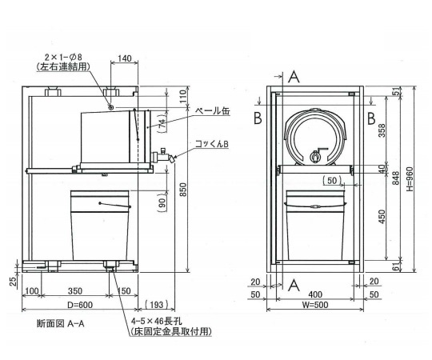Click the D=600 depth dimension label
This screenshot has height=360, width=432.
pos(80,305)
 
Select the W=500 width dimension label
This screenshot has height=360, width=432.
pos(315,305)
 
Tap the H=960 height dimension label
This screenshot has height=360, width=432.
pos(410,179)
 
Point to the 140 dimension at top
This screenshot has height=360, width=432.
pos(125,58)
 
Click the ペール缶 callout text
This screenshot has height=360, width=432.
pos(212,111)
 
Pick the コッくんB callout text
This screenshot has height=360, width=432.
pos(211,144)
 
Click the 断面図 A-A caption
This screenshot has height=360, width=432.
pos(60,323)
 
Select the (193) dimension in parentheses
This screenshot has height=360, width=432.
pos(156,305)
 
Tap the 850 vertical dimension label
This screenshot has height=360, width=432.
pos(183,190)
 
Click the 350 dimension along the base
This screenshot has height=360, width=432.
pos(75,291)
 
